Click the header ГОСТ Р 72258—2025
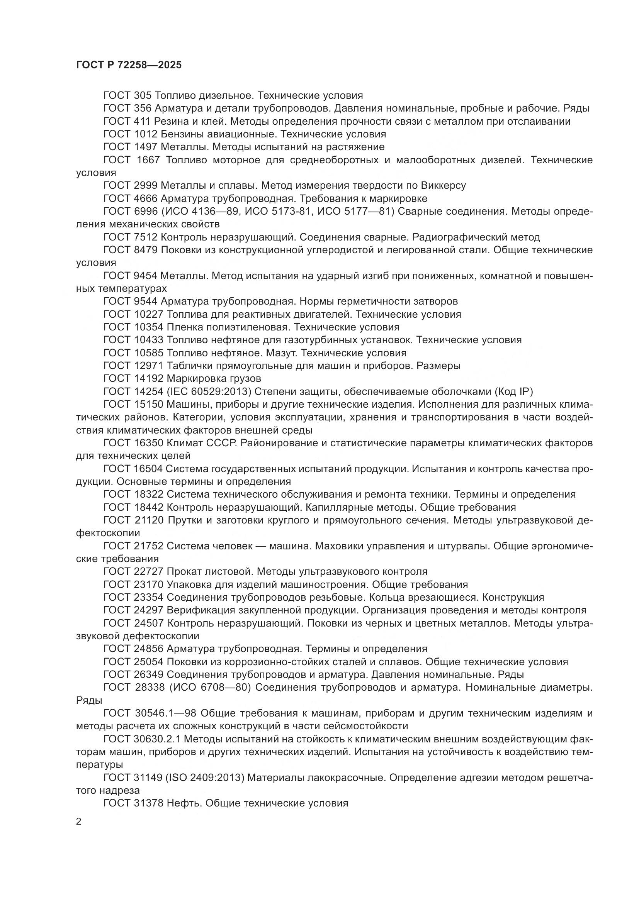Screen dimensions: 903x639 (129, 65)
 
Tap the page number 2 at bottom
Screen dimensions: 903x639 (79, 822)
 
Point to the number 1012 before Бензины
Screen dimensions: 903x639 (146, 134)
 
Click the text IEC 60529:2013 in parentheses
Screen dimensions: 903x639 (204, 392)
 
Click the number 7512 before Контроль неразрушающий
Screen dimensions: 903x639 (146, 237)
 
